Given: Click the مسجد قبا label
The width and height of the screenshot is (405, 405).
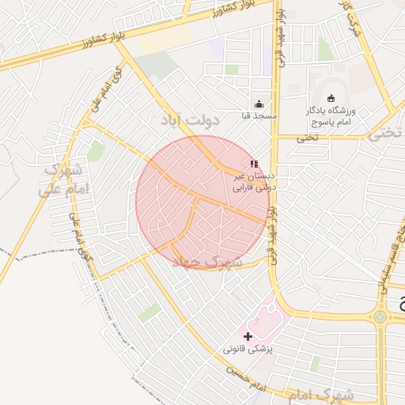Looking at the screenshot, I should pyautogui.click(x=259, y=116).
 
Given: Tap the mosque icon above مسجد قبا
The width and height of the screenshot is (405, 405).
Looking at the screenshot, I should pyautogui.click(x=259, y=104).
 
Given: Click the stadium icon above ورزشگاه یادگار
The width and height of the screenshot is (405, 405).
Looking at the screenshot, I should pyautogui.click(x=331, y=98).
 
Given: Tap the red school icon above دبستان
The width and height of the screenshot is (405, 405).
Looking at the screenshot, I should pyautogui.click(x=253, y=165).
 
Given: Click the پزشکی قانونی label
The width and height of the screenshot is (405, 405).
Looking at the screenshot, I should pyautogui.click(x=248, y=349).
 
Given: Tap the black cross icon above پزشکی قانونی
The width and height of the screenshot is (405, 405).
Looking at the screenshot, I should pyautogui.click(x=248, y=336).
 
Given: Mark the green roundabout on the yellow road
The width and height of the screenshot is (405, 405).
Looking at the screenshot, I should pyautogui.click(x=380, y=316).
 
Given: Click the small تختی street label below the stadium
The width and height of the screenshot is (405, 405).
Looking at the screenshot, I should pyautogui.click(x=307, y=137).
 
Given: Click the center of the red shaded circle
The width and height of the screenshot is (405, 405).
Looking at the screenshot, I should pyautogui.click(x=202, y=202).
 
